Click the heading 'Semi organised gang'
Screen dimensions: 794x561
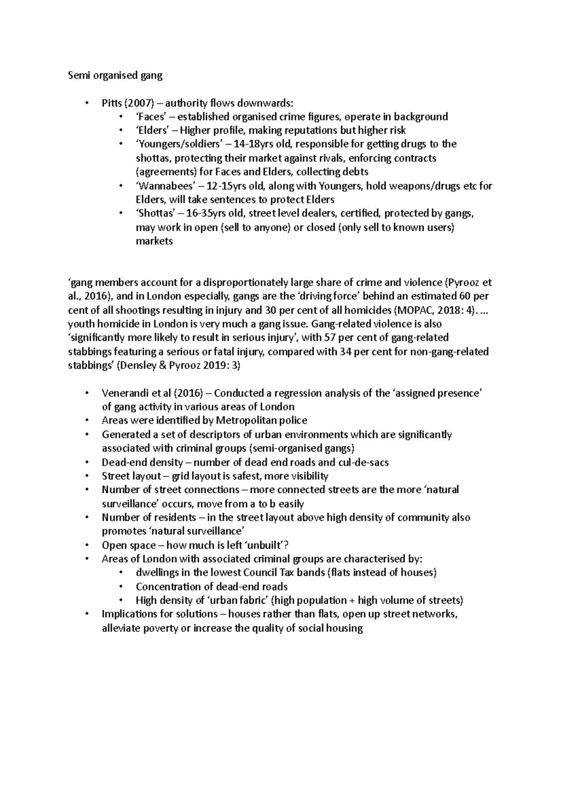pos(115,76)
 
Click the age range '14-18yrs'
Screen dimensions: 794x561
pos(263,144)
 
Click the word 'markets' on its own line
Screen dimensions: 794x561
pos(154,241)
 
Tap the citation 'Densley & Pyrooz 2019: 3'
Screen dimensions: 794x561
pos(179,366)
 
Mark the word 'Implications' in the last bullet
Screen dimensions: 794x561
pos(128,614)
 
